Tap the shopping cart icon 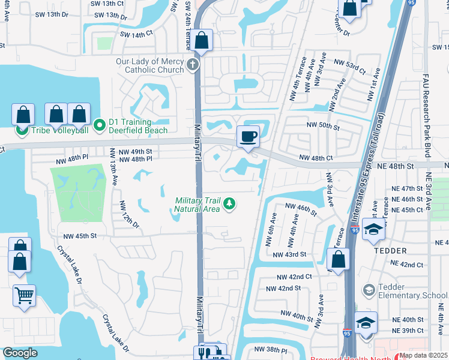(x=24, y=295)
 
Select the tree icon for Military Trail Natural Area (x=228, y=205)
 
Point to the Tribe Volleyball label (x=59, y=130)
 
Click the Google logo (x=20, y=353)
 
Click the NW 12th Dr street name (x=128, y=215)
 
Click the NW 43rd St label (x=291, y=254)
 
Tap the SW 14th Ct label (x=136, y=35)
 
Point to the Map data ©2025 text (x=423, y=355)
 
